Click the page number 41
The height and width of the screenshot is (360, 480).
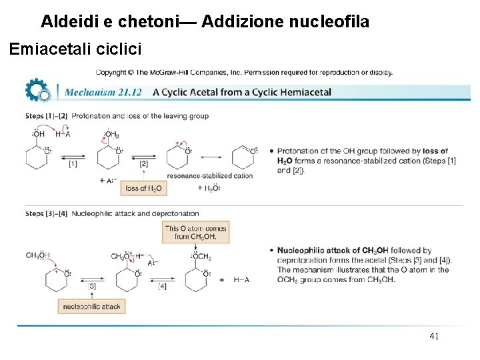click(434, 337)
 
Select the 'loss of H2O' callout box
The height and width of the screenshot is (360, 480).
click(143, 189)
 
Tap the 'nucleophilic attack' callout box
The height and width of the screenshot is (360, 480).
click(91, 307)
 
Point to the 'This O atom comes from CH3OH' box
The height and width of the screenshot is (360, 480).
click(196, 232)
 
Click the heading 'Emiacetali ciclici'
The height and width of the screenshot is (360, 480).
click(75, 49)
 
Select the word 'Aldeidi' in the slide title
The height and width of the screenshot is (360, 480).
click(69, 22)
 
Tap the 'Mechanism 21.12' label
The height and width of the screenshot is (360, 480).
click(104, 92)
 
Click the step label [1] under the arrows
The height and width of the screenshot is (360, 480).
click(73, 163)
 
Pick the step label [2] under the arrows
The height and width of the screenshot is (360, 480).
click(143, 163)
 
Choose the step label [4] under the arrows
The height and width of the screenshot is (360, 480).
click(162, 286)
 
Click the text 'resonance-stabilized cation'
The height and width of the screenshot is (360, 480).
click(210, 175)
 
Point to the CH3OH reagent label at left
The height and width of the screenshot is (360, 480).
click(38, 255)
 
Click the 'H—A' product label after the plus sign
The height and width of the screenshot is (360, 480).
click(242, 280)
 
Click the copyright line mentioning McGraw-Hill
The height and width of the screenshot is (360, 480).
click(244, 72)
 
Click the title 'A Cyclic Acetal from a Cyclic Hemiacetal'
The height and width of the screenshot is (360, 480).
click(242, 92)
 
